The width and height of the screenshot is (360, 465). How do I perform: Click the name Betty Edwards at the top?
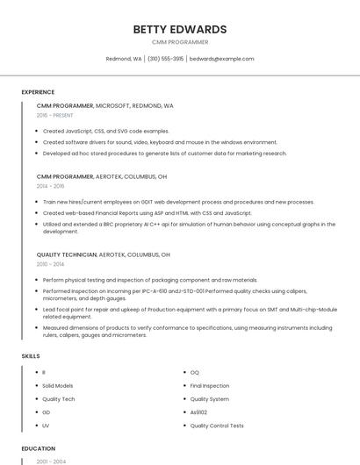click(179, 29)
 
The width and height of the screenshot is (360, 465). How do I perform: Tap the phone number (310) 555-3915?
click(165, 59)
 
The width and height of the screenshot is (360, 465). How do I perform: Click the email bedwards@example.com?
click(221, 59)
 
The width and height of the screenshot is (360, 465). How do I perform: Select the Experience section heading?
click(38, 92)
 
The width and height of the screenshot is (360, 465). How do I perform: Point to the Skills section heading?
click(31, 356)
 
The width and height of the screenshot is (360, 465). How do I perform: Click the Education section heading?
click(39, 448)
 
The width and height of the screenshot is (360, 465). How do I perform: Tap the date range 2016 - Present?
click(54, 115)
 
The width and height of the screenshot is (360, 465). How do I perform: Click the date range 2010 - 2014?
click(50, 264)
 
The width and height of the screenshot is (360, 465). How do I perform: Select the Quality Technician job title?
click(66, 254)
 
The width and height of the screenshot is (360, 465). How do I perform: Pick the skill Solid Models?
click(58, 386)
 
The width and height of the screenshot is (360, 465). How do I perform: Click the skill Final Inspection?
click(209, 386)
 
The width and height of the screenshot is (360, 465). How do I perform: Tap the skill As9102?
click(199, 412)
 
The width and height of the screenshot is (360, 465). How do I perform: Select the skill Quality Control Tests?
click(217, 426)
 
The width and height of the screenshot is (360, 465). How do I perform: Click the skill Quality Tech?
click(58, 399)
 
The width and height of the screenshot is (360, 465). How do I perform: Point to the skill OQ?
click(194, 373)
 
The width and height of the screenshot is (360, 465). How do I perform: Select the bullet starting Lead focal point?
click(189, 310)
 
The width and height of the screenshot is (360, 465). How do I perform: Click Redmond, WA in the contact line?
click(124, 59)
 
